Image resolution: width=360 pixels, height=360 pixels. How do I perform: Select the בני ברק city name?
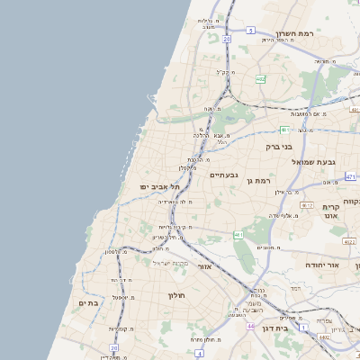[x=279, y=146]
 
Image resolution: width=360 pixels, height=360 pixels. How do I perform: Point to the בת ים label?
[x=87, y=303]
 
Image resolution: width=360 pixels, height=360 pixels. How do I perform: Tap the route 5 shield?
[x=249, y=30]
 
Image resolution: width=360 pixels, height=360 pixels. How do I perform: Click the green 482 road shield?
[x=260, y=79]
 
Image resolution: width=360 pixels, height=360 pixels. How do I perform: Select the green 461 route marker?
[x=238, y=235]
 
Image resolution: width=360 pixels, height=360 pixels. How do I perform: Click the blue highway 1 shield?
[x=304, y=325]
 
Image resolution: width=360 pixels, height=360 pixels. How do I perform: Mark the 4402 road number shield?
[x=323, y=337]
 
